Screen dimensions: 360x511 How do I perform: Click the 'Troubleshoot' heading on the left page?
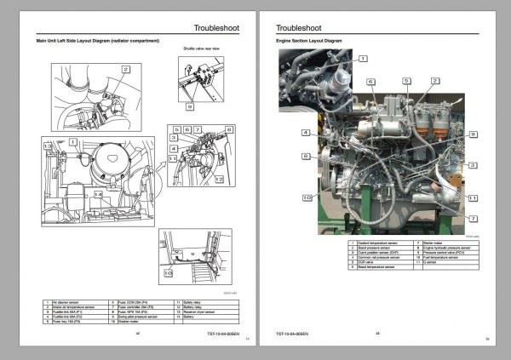click(x=217, y=27)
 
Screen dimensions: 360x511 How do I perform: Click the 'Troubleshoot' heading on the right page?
click(x=298, y=27)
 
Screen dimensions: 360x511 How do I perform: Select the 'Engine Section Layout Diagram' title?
click(x=310, y=41)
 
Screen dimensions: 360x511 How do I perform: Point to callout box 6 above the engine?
click(x=371, y=82)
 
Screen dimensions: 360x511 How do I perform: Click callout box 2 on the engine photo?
click(x=435, y=80)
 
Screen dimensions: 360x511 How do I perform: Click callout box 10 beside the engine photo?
click(x=306, y=198)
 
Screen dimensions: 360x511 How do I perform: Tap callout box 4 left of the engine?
click(x=305, y=133)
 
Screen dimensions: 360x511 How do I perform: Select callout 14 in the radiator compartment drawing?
click(x=99, y=195)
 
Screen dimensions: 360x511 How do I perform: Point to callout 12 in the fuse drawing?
click(x=219, y=180)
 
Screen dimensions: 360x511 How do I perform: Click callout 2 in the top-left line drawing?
click(x=125, y=69)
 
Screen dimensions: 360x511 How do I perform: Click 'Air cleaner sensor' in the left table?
click(x=66, y=300)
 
